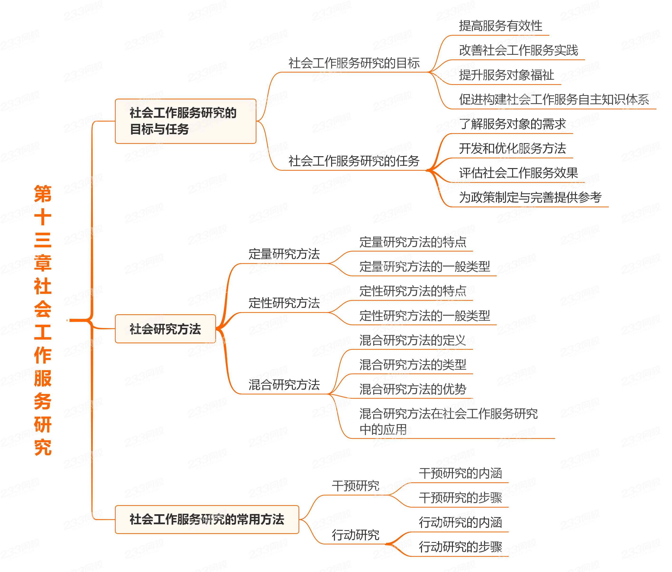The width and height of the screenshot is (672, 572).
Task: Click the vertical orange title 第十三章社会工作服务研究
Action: pos(43,320)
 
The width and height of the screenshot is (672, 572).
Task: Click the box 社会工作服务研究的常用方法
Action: pos(207,519)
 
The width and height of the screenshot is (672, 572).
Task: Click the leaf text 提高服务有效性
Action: pos(500,26)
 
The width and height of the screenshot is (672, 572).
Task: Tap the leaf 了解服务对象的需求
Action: pos(512,124)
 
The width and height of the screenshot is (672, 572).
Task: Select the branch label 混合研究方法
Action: pos(284,385)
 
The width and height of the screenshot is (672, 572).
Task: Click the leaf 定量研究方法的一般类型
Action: pos(425,267)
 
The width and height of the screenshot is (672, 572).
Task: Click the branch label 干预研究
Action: pos(355,486)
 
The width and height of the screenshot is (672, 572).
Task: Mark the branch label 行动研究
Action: pos(355,535)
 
